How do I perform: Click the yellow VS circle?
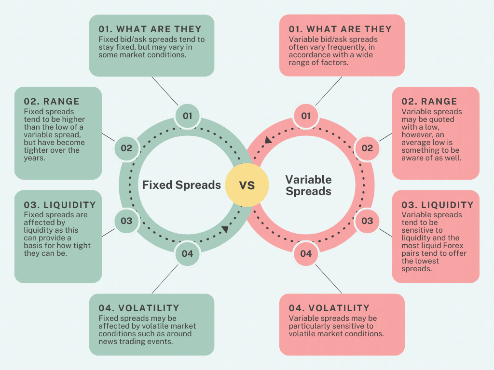[247, 185]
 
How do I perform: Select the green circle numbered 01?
[187, 116]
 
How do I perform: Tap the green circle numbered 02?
[126, 148]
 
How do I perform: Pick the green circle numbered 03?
[126, 221]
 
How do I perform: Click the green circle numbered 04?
[187, 253]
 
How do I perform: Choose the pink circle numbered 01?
[306, 116]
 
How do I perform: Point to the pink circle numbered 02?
[367, 148]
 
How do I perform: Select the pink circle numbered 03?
[367, 221]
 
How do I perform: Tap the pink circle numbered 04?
[306, 253]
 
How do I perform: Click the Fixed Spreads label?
[181, 185]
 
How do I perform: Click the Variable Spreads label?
[308, 185]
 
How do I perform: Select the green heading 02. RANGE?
[52, 102]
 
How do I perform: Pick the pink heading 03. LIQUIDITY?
[438, 205]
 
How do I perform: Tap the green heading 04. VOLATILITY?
[139, 308]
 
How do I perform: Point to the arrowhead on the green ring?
[225, 229]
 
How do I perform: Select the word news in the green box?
[109, 341]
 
